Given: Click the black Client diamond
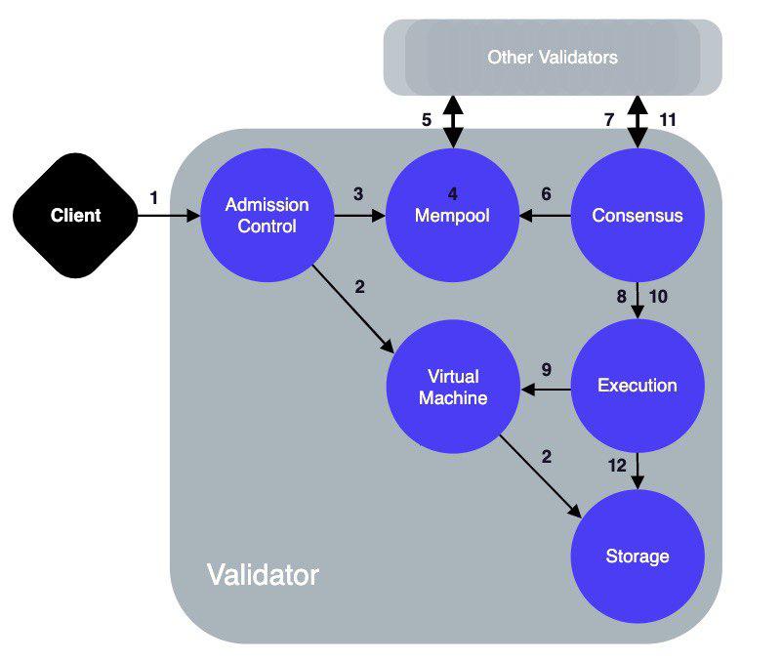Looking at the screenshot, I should (76, 215).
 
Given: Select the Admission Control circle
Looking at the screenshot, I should (267, 215).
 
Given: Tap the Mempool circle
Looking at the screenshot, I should (452, 215).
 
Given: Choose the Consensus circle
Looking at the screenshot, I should (637, 215).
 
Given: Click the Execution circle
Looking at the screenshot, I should (637, 386).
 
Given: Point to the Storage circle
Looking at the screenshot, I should (637, 557).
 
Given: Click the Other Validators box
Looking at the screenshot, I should (553, 58).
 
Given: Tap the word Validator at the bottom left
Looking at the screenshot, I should (262, 575).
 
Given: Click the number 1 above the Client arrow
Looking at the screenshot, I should (153, 197).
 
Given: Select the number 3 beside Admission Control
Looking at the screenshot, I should (358, 193).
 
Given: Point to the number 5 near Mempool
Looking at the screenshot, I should (426, 120).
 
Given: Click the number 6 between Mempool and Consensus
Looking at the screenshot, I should (547, 194).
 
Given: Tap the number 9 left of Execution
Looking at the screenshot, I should (547, 369).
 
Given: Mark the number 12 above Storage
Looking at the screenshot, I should (617, 466).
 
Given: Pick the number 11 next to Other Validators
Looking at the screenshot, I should (668, 120).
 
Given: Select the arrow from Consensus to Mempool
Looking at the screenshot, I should (545, 216).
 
